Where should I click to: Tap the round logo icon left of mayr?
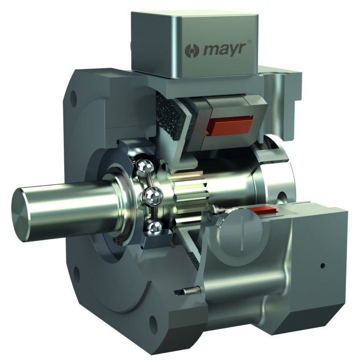click(193, 50)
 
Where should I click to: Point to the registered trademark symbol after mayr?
click(249, 42)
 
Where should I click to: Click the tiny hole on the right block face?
click(322, 266)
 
